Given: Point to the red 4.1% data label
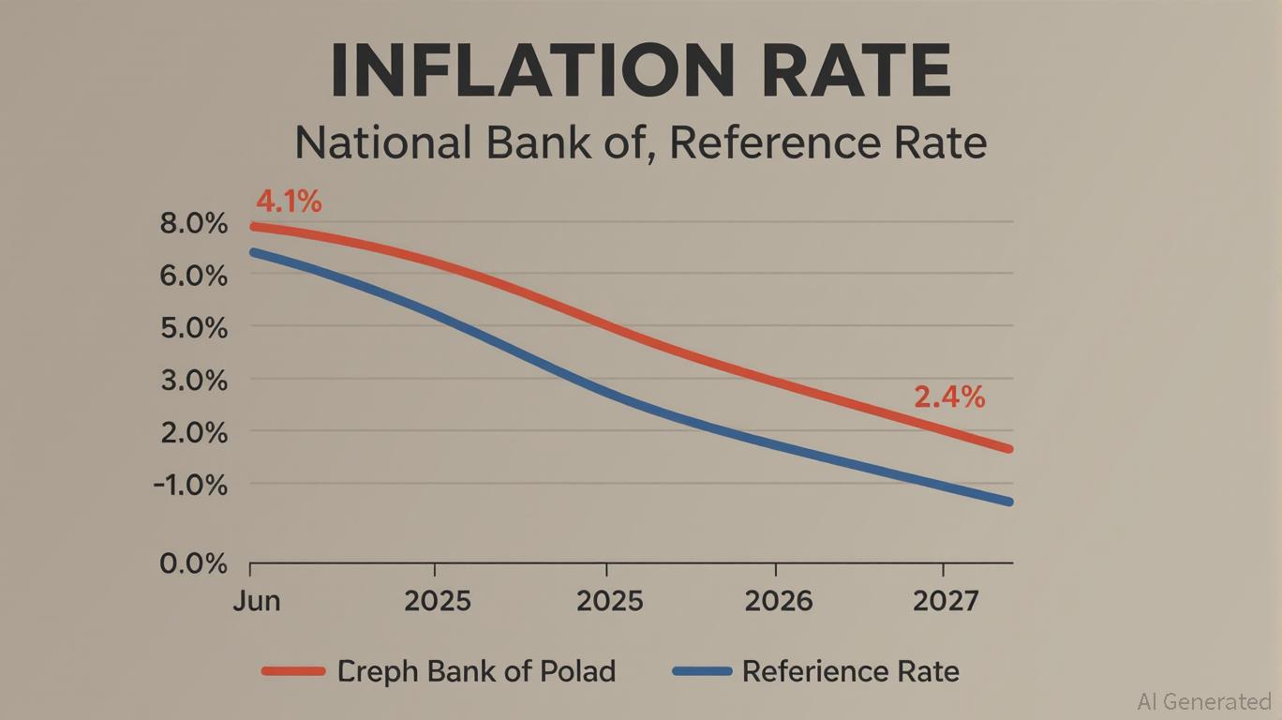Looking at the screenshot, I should (x=288, y=201).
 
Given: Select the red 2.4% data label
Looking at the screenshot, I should (x=948, y=397).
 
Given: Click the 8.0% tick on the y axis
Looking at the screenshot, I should (x=194, y=225).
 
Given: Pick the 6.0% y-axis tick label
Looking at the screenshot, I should (x=194, y=277).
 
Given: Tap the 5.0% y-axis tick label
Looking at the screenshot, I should (x=194, y=329).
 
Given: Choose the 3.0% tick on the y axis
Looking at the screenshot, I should (x=194, y=382).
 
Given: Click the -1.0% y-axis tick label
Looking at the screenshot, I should (x=191, y=486).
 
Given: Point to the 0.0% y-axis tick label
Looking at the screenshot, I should (x=194, y=564).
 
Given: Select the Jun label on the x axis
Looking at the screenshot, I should (x=256, y=601).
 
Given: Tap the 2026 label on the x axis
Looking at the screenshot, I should (x=778, y=601).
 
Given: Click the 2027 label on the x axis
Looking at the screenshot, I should (x=944, y=601).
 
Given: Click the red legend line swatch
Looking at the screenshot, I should (x=293, y=671).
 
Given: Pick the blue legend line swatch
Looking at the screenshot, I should (x=702, y=671).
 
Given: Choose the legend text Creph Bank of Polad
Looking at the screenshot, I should (x=476, y=671).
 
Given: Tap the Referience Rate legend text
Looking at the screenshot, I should (x=850, y=671).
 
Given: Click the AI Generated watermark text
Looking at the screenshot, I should (x=1203, y=701).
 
